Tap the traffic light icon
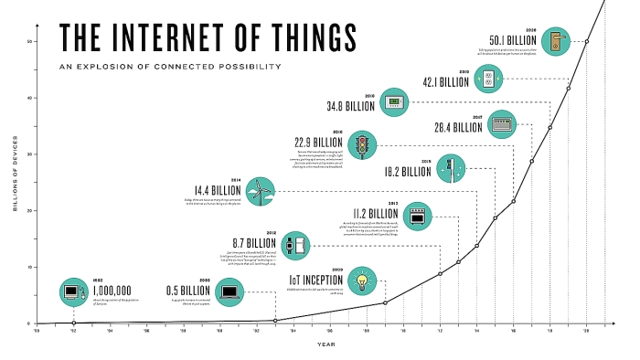tap(366, 145)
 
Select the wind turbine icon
tap(261, 191)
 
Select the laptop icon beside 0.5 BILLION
tap(231, 292)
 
